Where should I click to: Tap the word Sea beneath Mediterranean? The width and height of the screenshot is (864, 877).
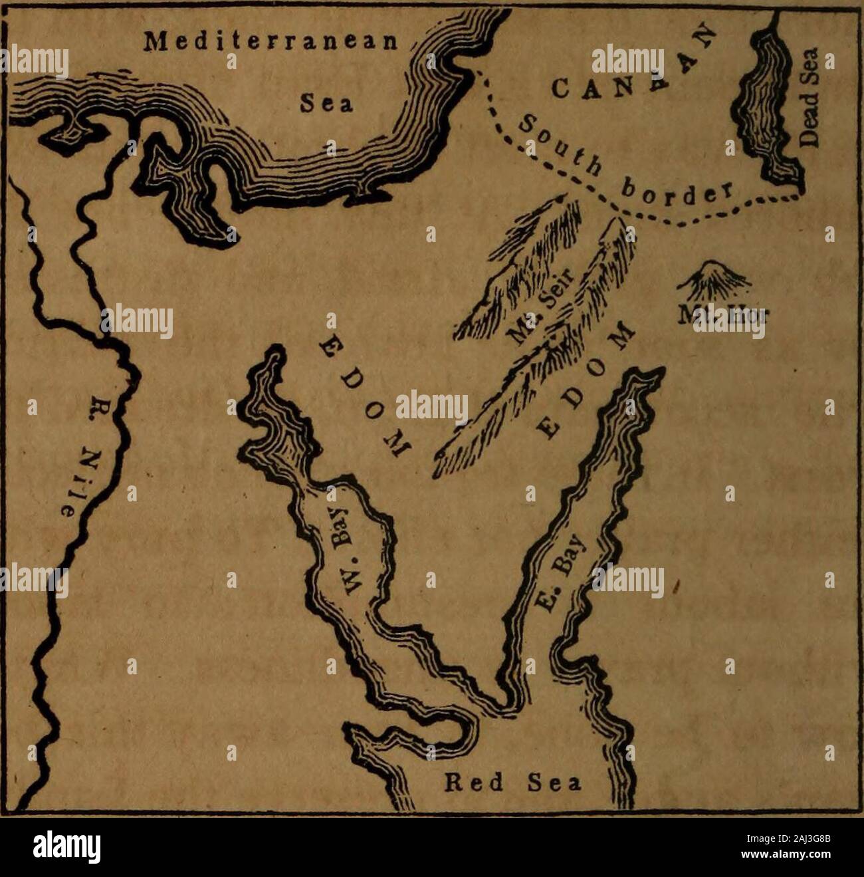324,104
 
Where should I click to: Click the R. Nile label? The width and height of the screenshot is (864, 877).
89,459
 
